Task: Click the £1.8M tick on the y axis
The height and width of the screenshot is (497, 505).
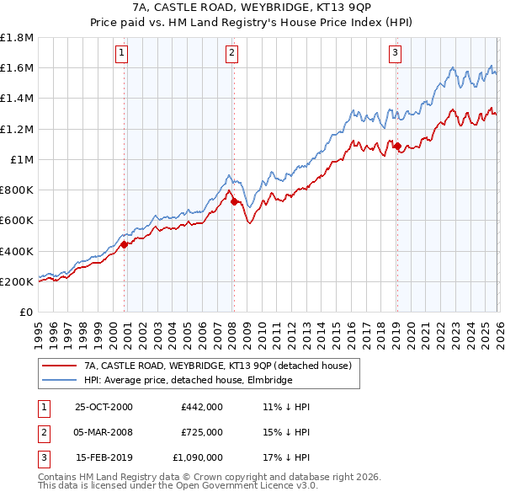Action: click(17, 38)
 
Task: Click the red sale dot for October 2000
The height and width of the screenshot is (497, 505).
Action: click(125, 244)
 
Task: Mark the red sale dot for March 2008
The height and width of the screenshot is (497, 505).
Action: click(234, 201)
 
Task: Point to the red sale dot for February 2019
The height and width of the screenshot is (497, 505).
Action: click(396, 146)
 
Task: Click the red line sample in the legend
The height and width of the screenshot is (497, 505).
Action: click(59, 366)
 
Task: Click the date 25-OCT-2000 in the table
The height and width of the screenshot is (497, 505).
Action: click(104, 406)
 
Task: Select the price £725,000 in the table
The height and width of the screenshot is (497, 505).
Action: click(201, 432)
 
